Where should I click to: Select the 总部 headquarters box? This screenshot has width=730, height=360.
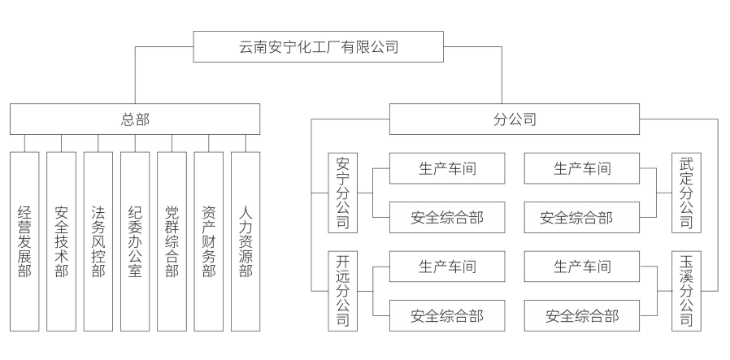click(x=135, y=119)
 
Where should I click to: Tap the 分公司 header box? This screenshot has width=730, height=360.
click(x=515, y=119)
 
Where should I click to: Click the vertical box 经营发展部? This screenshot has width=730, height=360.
click(x=24, y=241)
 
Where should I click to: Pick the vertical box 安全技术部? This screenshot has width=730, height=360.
click(x=61, y=241)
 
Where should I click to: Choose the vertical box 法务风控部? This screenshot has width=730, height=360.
click(x=98, y=241)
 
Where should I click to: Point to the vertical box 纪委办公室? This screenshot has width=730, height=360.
click(x=135, y=241)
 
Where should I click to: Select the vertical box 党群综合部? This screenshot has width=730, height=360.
click(x=172, y=241)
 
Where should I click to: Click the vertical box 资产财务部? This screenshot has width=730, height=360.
click(x=208, y=241)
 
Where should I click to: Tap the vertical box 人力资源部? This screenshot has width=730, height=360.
click(x=246, y=241)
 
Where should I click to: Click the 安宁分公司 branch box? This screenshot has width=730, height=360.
click(x=342, y=193)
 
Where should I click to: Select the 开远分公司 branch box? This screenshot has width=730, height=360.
click(x=342, y=290)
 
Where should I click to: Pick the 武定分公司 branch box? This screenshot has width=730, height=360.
click(x=686, y=193)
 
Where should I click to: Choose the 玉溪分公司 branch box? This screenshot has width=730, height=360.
click(x=686, y=290)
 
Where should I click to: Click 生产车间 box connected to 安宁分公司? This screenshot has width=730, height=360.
click(x=446, y=169)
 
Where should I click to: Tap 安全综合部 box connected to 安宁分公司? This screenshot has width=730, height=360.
click(x=446, y=217)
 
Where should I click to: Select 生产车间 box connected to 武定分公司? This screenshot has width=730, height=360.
click(x=582, y=169)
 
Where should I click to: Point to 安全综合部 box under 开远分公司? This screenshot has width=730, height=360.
click(x=446, y=315)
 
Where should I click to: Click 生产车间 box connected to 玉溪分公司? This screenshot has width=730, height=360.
click(x=582, y=267)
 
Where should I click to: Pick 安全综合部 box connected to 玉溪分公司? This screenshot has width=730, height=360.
click(x=582, y=315)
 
